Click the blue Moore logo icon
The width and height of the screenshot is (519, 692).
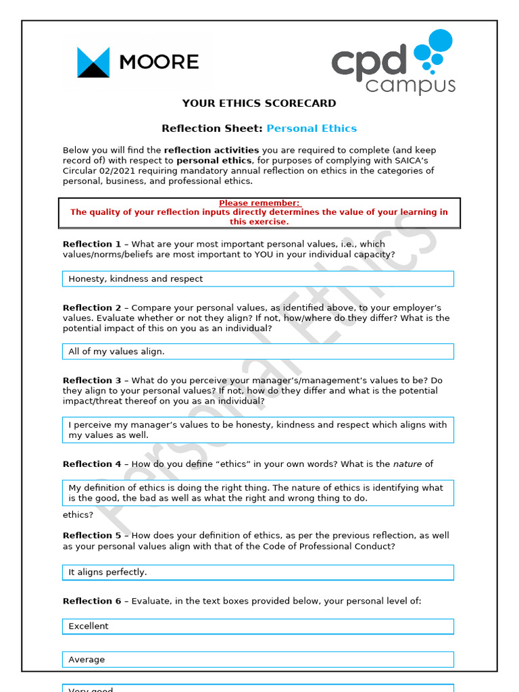pos(93,62)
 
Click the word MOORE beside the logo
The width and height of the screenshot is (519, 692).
pos(159,62)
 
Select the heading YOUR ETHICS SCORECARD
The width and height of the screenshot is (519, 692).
pos(259,103)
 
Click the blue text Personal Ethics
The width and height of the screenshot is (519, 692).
pos(312,128)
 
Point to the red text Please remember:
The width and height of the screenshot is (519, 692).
pos(259,203)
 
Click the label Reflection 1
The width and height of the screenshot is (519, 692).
pos(92,244)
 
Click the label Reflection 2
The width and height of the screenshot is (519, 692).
pos(92,307)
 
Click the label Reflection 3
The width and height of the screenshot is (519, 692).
pos(92,380)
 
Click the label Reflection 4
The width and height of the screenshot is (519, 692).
pos(92,464)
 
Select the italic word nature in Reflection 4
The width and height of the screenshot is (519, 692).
pos(407,464)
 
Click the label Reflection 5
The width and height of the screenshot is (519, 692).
pos(92,535)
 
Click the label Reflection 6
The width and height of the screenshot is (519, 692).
pos(92,601)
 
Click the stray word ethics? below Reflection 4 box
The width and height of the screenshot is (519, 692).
pos(78,515)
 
